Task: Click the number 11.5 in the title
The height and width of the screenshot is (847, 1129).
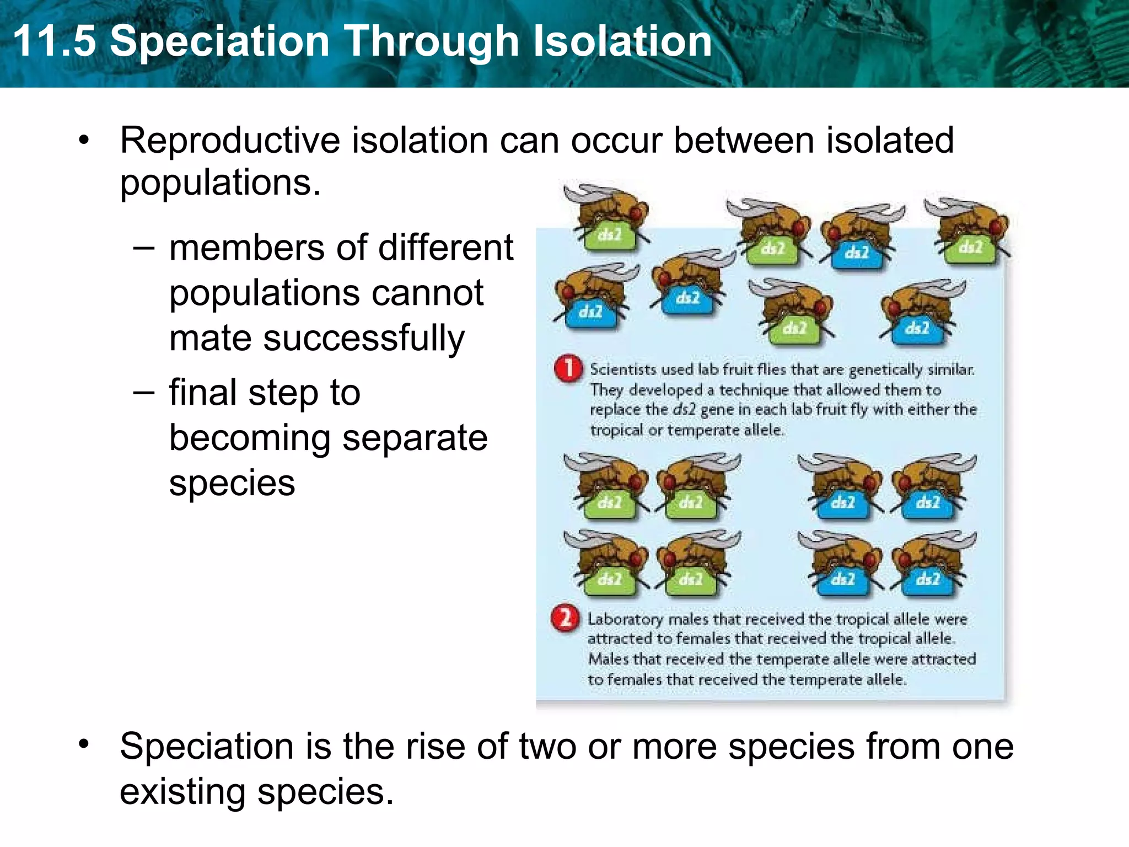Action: [x=54, y=41]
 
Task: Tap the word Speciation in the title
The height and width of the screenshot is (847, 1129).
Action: [x=219, y=41]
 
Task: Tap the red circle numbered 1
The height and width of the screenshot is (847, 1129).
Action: [x=568, y=369]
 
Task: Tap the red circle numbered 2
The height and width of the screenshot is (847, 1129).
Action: [x=565, y=619]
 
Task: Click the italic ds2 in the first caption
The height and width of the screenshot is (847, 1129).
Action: [x=684, y=410]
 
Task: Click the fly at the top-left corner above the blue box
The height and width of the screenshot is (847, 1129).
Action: [x=606, y=218]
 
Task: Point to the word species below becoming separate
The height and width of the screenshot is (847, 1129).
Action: [x=232, y=484]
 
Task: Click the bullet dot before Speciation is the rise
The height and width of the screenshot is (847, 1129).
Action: [x=83, y=744]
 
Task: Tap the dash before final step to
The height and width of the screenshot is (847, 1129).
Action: [x=143, y=393]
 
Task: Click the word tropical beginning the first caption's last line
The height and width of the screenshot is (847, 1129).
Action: [x=616, y=430]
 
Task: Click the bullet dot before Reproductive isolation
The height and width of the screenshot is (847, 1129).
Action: [x=83, y=140]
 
